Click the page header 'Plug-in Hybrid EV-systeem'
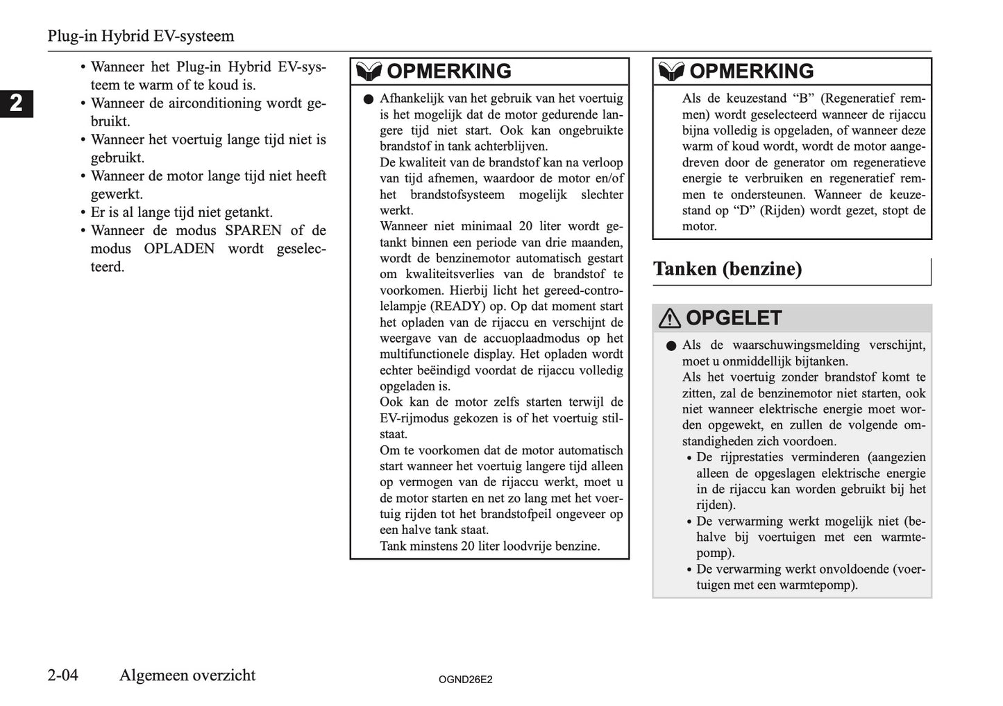click(140, 36)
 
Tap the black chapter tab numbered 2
click(16, 103)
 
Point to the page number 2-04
click(63, 675)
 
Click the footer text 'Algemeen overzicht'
click(187, 675)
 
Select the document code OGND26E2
click(465, 680)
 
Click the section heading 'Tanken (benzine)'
click(727, 269)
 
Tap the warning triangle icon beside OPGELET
click(669, 318)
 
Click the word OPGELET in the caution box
click(733, 318)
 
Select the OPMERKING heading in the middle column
click(448, 71)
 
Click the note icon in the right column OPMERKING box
click(671, 71)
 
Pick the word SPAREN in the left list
click(253, 230)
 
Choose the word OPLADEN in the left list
click(179, 248)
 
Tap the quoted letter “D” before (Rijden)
click(745, 210)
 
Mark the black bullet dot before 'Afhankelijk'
click(368, 99)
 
